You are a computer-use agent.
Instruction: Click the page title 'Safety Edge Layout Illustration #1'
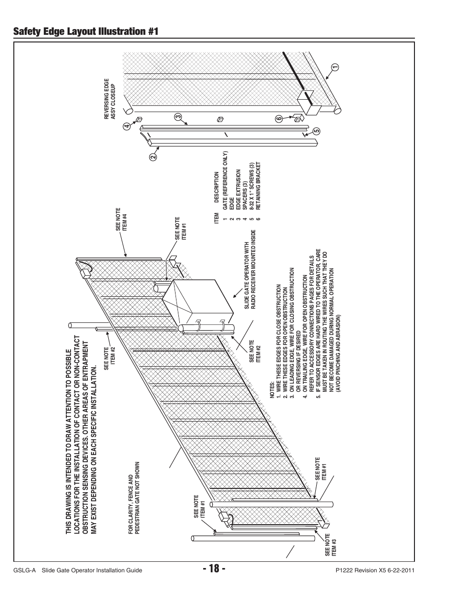[x=86, y=31]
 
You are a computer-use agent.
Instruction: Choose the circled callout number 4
[x=127, y=126]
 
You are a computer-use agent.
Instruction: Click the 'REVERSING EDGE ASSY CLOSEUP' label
[x=110, y=98]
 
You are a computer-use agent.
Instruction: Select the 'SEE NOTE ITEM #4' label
[x=121, y=220]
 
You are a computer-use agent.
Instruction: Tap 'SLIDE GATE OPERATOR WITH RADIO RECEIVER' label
[x=250, y=269]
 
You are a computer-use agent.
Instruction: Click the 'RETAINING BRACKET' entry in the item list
[x=259, y=186]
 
